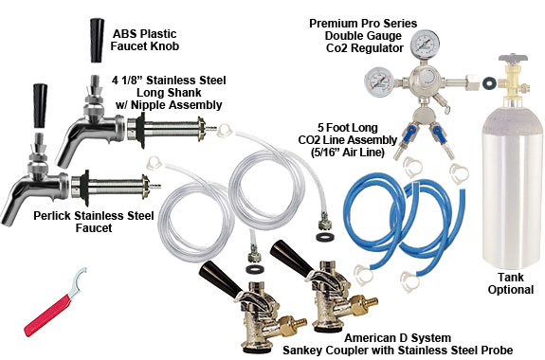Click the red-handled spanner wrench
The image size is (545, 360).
click(52, 306)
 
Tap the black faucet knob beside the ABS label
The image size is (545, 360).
click(97, 40)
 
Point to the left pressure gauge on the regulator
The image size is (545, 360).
click(379, 81)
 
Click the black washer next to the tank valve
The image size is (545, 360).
click(488, 82)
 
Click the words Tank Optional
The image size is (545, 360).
click(511, 283)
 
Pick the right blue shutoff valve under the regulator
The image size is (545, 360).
click(437, 135)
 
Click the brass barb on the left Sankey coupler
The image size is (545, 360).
click(294, 325)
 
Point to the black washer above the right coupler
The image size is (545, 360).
click(325, 237)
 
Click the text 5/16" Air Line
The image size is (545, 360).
click(347, 153)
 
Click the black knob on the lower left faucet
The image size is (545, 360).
click(40, 106)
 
